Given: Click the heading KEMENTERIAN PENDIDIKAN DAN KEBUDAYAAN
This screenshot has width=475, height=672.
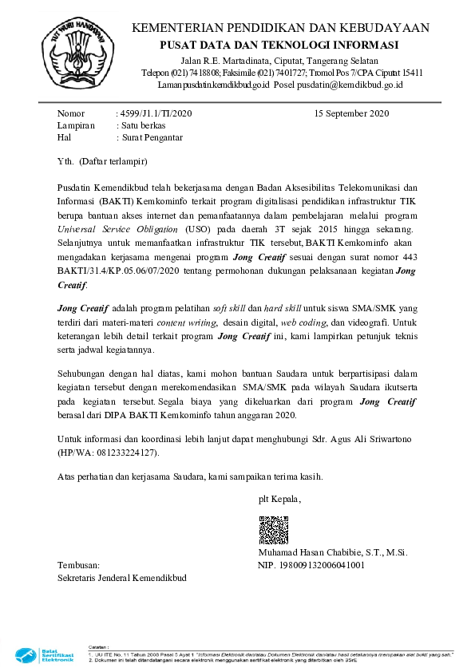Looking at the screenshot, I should pos(279,28).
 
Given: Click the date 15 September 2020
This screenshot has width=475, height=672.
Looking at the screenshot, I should pos(352,113).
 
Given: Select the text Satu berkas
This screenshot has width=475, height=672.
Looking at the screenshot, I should pos(144,125).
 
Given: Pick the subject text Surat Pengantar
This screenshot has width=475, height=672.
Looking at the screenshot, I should pos(152,137).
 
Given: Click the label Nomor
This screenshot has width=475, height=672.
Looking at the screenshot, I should pos(71,113).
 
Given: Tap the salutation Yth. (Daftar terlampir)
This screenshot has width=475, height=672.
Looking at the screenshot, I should pos(103,161).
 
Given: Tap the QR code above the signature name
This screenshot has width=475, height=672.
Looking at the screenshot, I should pos(273,530).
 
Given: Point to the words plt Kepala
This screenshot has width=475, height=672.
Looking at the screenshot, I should pos(279,500).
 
